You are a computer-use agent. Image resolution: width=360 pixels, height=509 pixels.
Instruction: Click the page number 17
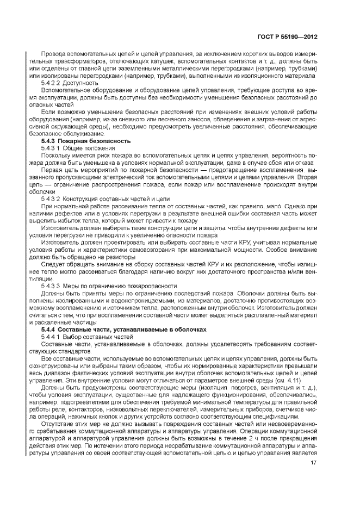pyautogui.click(x=314, y=464)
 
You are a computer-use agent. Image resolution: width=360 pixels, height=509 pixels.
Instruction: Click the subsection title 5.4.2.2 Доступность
pyautogui.click(x=65, y=84)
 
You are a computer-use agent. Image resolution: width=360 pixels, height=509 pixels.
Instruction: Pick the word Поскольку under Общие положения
pyautogui.click(x=59, y=155)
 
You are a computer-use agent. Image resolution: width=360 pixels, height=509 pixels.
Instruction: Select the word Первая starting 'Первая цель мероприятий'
pyautogui.click(x=53, y=170)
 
